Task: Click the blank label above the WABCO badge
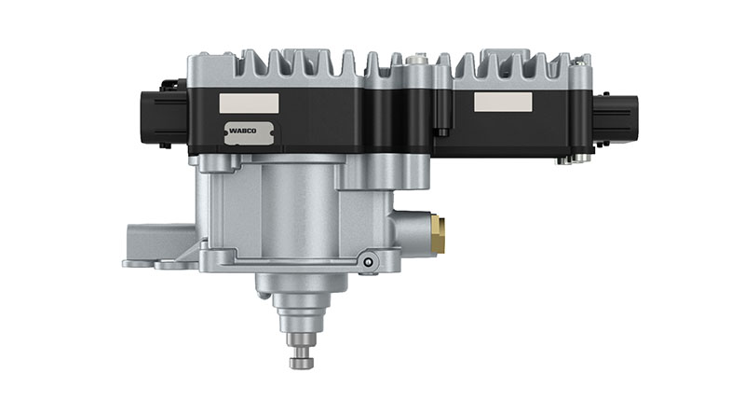[x=249, y=104]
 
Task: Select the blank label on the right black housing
[x=503, y=102]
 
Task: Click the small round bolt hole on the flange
[x=367, y=262]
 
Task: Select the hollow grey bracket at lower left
[x=160, y=246]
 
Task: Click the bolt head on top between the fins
[x=414, y=60]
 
